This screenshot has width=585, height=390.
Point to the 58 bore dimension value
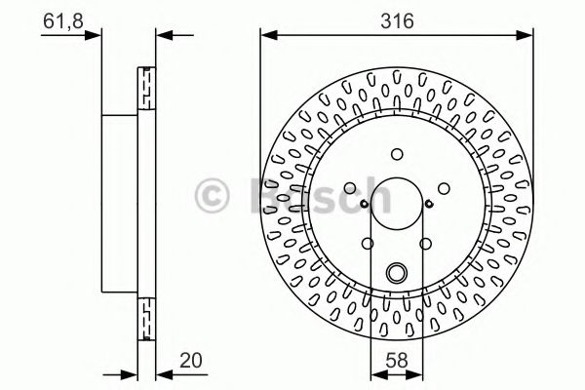pyautogui.click(x=396, y=359)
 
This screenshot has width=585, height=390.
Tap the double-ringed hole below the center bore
pyautogui.click(x=396, y=273)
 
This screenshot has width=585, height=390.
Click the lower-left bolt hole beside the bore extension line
pyautogui.click(x=367, y=244)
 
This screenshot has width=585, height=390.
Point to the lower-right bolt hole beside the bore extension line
pyautogui.click(x=425, y=244)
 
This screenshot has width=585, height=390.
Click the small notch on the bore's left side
pyautogui.click(x=364, y=203)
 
